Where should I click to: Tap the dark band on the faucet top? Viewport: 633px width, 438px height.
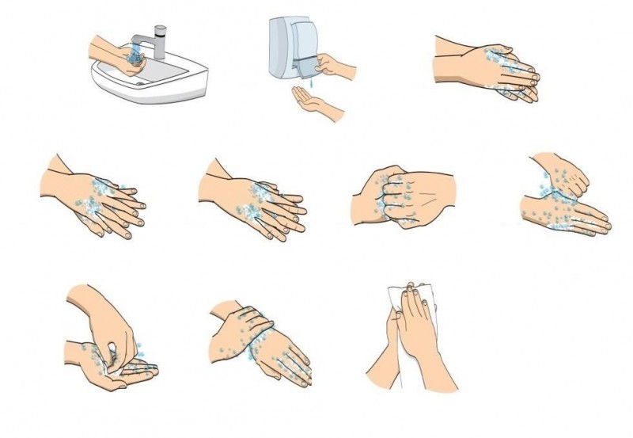tap(161, 30)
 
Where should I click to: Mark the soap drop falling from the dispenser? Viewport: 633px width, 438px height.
tap(314, 81)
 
